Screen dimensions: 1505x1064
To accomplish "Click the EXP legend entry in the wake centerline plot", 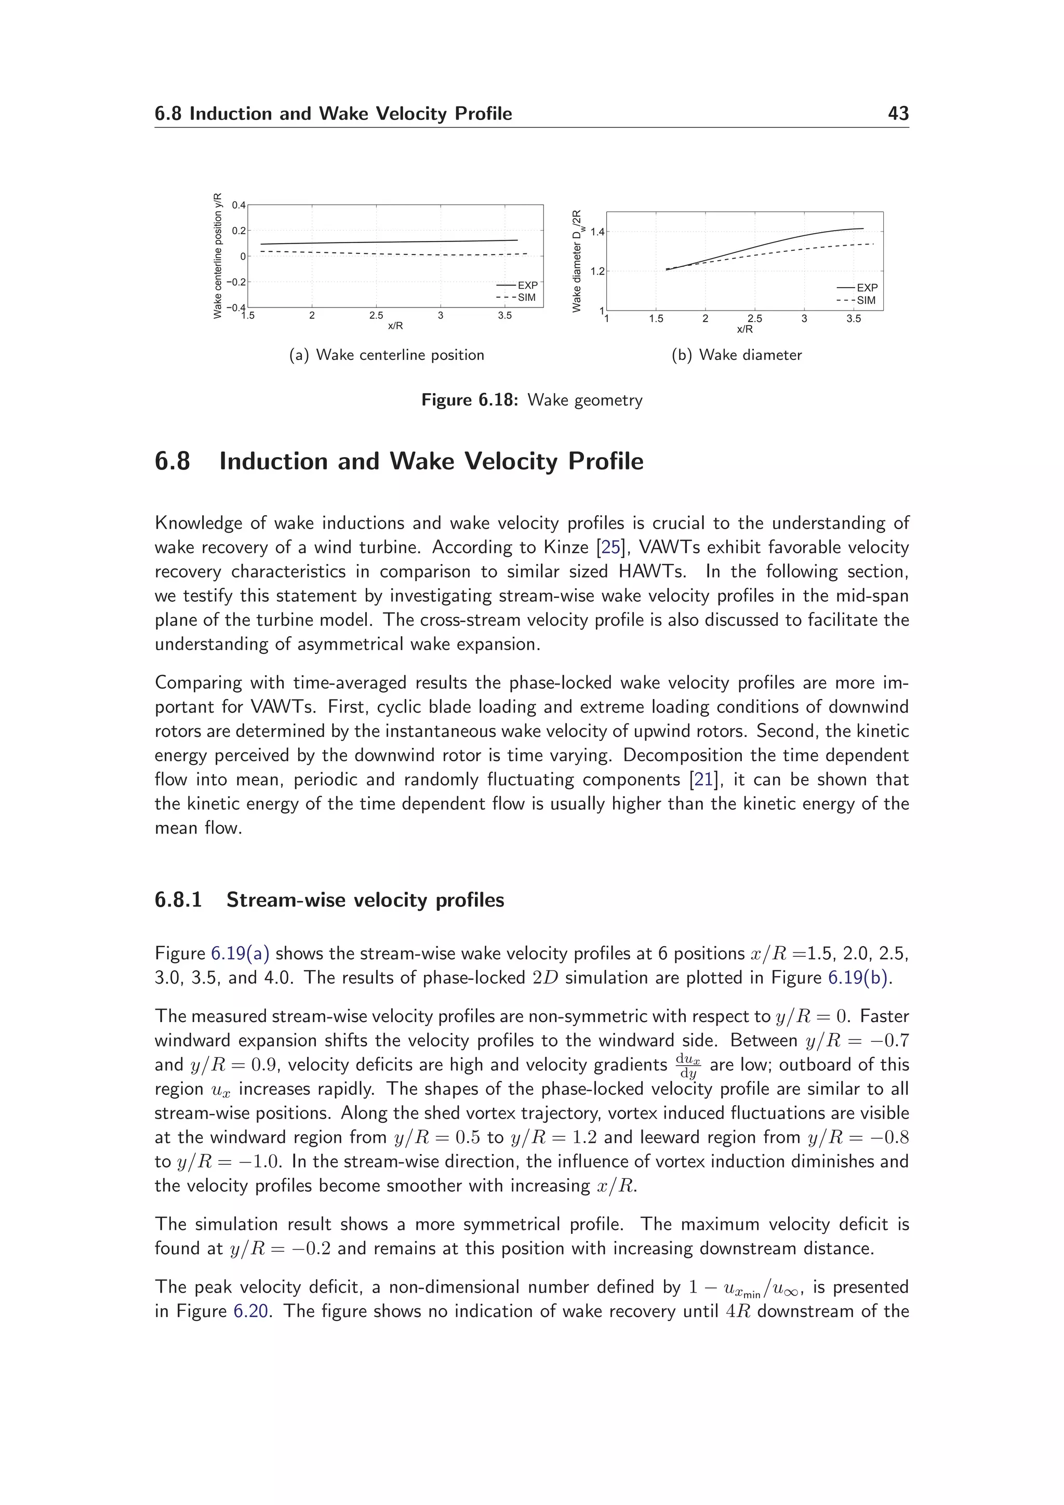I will point(527,286).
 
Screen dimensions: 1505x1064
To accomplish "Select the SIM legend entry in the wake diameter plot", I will point(866,300).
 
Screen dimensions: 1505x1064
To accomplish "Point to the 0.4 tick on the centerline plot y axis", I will point(238,205).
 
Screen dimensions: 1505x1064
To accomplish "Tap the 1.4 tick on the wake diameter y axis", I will point(597,232).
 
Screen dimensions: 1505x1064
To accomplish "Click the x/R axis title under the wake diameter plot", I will point(744,329).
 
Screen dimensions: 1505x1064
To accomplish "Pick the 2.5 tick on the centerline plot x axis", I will point(376,316).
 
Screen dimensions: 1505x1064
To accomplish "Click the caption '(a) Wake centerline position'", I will point(387,355).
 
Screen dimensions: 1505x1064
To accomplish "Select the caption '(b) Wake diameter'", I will point(736,355).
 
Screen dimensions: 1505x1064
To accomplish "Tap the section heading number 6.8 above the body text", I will point(172,462).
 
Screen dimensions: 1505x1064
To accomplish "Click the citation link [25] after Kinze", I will point(610,547).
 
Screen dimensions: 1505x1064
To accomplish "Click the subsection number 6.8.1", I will point(178,900).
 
